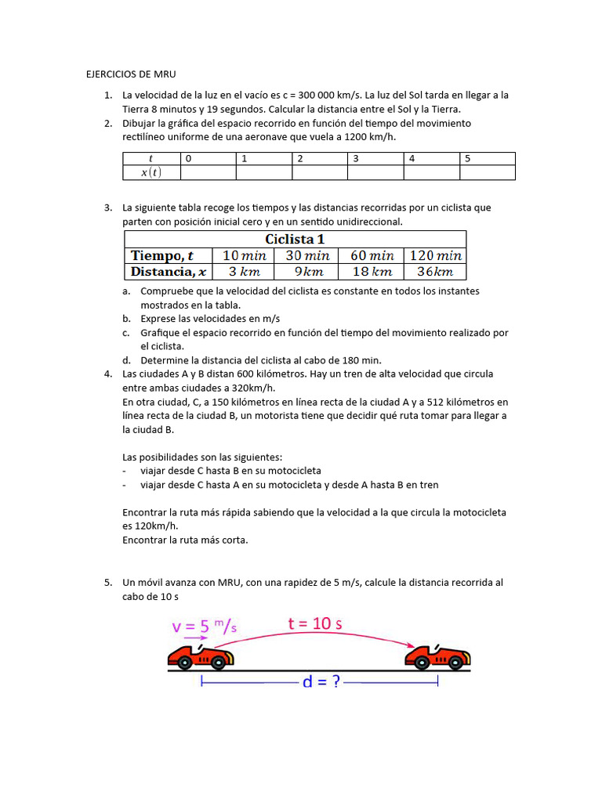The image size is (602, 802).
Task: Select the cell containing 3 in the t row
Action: pyautogui.click(x=375, y=158)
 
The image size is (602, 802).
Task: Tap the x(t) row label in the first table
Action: pyautogui.click(x=151, y=173)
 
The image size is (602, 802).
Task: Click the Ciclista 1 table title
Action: pyautogui.click(x=295, y=239)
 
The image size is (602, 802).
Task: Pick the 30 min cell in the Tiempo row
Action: pyautogui.click(x=307, y=255)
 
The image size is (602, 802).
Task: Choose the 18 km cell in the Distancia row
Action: pyautogui.click(x=371, y=272)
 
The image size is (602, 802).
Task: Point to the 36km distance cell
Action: pyautogui.click(x=434, y=272)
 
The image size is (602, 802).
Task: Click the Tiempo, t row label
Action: pyautogui.click(x=161, y=255)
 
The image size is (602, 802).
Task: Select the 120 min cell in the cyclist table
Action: pyautogui.click(x=434, y=255)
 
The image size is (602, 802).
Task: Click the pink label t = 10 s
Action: pyautogui.click(x=314, y=623)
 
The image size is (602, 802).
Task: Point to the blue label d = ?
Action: pyautogui.click(x=321, y=681)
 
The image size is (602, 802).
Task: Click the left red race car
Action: pyautogui.click(x=199, y=657)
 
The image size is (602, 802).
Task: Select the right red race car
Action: pyautogui.click(x=437, y=657)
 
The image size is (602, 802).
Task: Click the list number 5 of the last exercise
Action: pyautogui.click(x=107, y=583)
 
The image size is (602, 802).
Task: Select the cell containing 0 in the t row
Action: pyautogui.click(x=208, y=158)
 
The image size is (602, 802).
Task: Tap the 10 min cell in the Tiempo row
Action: pyautogui.click(x=244, y=255)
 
